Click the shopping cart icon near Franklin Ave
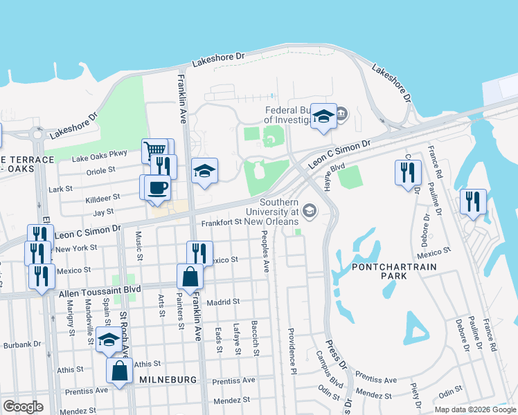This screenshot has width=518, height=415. click(155, 150)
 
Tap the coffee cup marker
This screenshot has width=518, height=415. click(158, 188)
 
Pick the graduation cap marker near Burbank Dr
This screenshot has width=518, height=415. click(107, 339)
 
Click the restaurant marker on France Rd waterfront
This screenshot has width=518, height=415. click(474, 202)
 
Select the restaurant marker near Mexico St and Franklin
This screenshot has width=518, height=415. click(199, 253)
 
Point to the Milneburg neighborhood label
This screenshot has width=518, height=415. click(168, 380)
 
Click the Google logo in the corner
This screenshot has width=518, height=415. click(24, 407)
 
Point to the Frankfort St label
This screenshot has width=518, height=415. click(220, 223)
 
